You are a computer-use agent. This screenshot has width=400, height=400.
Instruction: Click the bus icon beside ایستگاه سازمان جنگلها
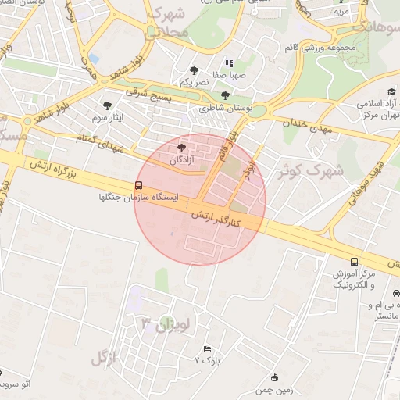click(x=138, y=185)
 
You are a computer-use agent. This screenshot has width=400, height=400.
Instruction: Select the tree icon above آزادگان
click(x=182, y=146)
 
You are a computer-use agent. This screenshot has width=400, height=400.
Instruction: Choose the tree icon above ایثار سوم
click(x=105, y=104)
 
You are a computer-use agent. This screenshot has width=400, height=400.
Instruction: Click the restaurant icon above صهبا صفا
click(x=229, y=64)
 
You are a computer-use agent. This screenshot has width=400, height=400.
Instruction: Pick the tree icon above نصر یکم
click(x=194, y=70)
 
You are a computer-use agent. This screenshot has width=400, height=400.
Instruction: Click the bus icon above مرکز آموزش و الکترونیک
click(x=355, y=262)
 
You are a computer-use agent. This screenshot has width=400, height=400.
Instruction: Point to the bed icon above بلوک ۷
click(x=207, y=348)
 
